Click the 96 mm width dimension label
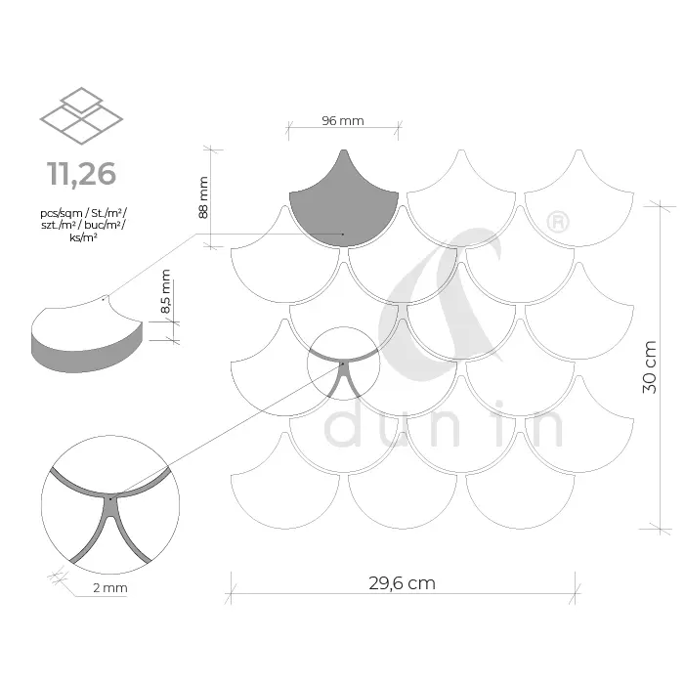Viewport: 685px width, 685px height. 343,120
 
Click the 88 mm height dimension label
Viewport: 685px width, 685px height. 203,197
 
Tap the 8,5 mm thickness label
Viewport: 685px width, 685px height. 165,291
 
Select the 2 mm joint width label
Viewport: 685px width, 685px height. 110,587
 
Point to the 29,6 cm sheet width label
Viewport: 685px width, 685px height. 402,583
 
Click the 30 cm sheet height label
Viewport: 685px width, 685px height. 650,367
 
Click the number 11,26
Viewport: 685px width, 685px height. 82,173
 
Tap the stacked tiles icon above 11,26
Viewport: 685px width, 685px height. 81,115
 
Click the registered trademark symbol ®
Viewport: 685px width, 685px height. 558,223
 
